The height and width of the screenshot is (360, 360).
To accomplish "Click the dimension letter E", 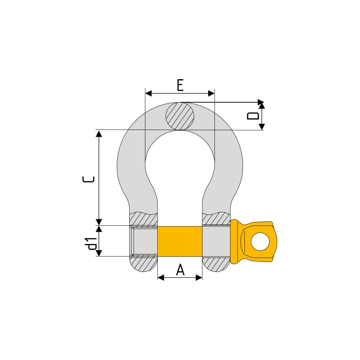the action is pos(180,85).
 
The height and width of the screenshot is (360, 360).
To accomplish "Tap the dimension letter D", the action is pos(253,116).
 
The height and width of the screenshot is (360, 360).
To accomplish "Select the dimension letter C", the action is pos(89,179).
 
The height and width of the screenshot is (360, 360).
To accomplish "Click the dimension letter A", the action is pos(180,270).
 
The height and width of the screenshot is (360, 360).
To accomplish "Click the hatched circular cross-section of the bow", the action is pos(180,116).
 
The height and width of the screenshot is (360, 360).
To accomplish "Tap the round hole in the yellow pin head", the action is pos(260,242).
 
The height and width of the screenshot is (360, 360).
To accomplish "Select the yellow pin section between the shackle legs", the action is pos(180,241).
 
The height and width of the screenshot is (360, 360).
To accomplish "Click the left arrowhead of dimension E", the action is pos(149,94).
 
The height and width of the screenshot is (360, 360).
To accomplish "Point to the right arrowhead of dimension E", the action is pos(211,94).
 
